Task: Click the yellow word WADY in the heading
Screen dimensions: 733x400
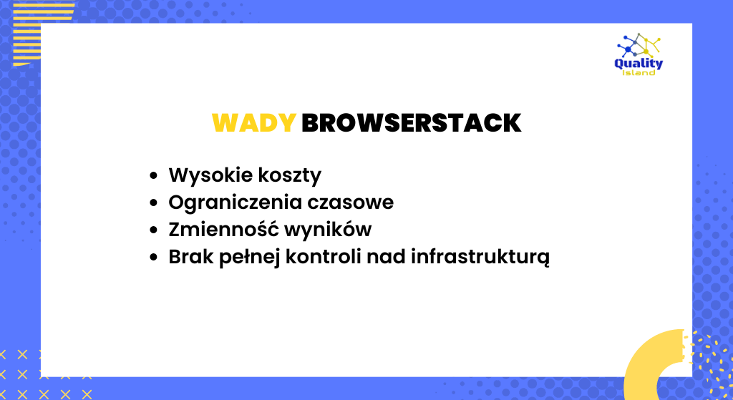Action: click(254, 123)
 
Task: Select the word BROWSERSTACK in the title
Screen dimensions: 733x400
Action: click(412, 123)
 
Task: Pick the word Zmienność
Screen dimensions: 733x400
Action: click(223, 230)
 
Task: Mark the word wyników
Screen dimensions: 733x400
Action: click(328, 230)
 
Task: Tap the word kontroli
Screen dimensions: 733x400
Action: click(323, 257)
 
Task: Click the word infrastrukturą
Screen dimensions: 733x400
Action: click(480, 257)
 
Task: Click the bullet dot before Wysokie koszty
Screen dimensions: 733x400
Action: click(153, 176)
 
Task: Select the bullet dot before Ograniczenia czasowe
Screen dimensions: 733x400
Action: click(153, 203)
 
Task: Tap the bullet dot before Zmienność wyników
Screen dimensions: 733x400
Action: click(153, 230)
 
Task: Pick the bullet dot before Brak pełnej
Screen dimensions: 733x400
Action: click(153, 258)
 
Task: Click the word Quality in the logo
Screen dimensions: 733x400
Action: click(639, 64)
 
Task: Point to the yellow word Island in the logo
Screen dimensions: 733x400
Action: click(639, 72)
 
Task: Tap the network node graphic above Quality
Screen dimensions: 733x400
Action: click(639, 45)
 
